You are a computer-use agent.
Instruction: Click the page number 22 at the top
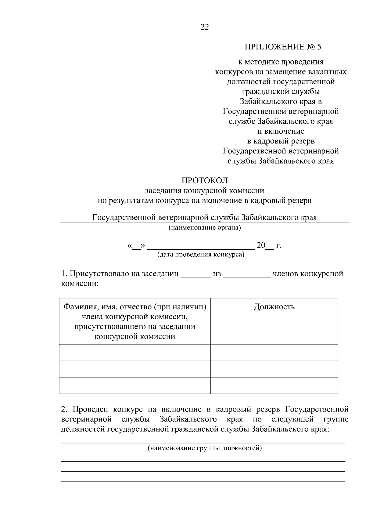pyautogui.click(x=205, y=27)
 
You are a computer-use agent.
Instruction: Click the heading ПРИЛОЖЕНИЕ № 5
pyautogui.click(x=283, y=47)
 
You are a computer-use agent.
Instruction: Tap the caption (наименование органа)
pyautogui.click(x=205, y=228)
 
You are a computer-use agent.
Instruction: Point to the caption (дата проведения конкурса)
pyautogui.click(x=201, y=255)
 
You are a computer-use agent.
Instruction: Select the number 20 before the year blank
pyautogui.click(x=261, y=245)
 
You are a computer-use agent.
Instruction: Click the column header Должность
pyautogui.click(x=274, y=307)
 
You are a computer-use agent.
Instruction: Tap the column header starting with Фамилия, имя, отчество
pyautogui.click(x=135, y=321)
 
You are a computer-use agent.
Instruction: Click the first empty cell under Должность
pyautogui.click(x=274, y=353)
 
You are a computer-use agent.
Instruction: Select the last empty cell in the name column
pyautogui.click(x=135, y=386)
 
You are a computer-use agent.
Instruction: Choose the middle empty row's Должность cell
pyautogui.click(x=274, y=369)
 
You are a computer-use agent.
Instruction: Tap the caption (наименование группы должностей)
pyautogui.click(x=205, y=448)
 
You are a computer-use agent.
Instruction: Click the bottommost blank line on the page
pyautogui.click(x=203, y=481)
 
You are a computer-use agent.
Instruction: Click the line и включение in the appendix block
pyautogui.click(x=281, y=131)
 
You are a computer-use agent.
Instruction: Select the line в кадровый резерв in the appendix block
pyautogui.click(x=281, y=141)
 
